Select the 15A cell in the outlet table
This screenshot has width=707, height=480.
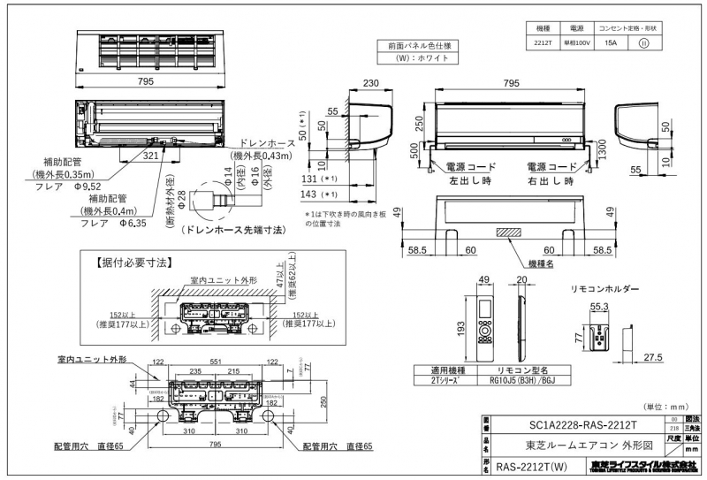pyautogui.click(x=610, y=41)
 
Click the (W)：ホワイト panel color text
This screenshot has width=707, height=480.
pyautogui.click(x=419, y=58)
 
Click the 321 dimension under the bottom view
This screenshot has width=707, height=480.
pyautogui.click(x=150, y=155)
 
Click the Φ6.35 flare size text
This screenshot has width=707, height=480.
pyautogui.click(x=135, y=224)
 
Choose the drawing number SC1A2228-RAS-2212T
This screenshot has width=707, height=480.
pyautogui.click(x=574, y=423)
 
